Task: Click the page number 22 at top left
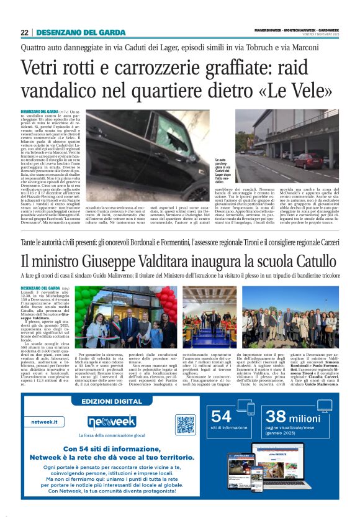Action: pyautogui.click(x=24, y=32)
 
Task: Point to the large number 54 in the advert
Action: pyautogui.click(x=222, y=416)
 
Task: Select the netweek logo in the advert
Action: pyautogui.click(x=111, y=422)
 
